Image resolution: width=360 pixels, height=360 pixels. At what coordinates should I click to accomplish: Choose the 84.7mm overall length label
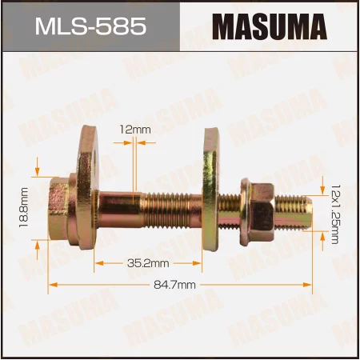pyautogui.click(x=180, y=284)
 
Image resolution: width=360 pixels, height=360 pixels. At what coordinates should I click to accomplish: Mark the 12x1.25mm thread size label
pyautogui.click(x=334, y=212)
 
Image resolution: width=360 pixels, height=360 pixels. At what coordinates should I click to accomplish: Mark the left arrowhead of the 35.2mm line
pyautogui.click(x=99, y=262)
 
